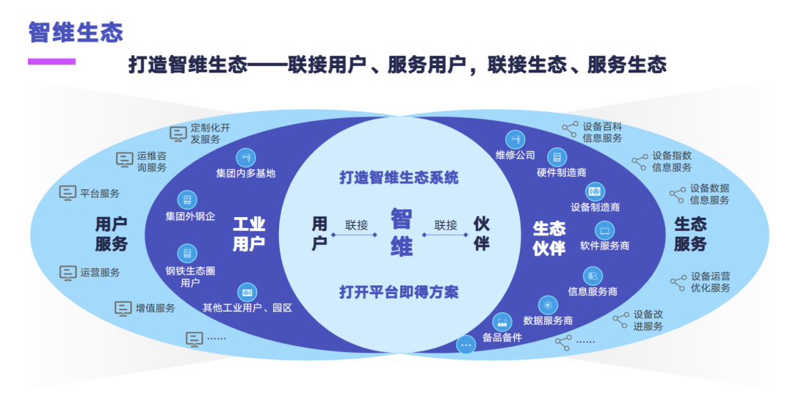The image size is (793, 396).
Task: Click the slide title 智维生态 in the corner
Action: [76, 32]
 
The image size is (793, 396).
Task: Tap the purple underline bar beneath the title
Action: [51, 62]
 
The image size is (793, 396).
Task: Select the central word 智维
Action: [401, 232]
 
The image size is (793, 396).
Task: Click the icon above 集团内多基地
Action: [246, 157]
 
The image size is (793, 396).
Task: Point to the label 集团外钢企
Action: [190, 216]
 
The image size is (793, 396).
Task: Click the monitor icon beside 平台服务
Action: [68, 193]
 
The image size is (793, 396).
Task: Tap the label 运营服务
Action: [100, 272]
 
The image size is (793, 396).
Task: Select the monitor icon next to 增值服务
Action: [123, 308]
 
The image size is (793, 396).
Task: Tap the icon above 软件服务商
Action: [604, 230]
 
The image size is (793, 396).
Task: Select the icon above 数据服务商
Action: [548, 304]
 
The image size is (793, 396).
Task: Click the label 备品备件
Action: [502, 337]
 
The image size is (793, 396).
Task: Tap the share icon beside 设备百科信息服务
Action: [570, 129]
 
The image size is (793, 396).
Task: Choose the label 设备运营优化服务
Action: [710, 282]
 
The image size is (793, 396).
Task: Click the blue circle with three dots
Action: [466, 345]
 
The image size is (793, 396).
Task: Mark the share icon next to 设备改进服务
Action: [621, 319]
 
